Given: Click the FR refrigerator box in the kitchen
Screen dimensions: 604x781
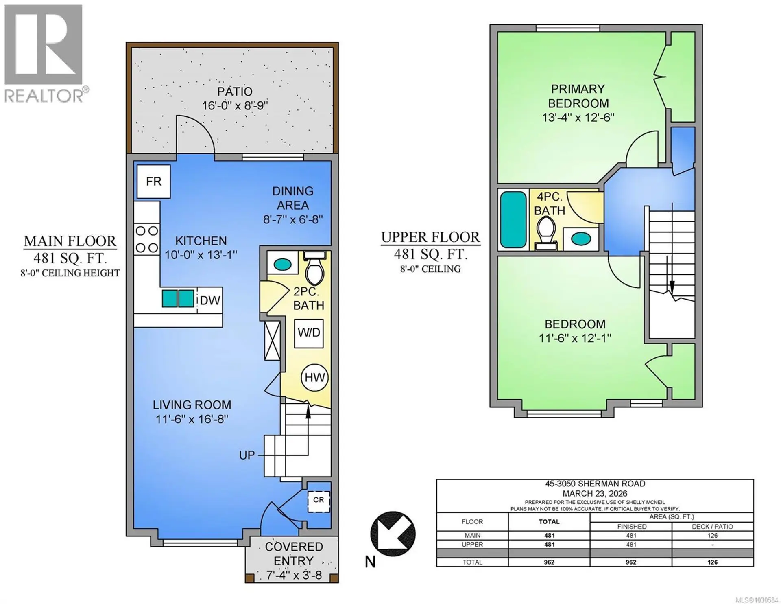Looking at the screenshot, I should [153, 182].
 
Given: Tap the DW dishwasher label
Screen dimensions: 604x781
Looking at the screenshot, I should [210, 300].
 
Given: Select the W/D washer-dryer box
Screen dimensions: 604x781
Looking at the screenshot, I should [309, 333].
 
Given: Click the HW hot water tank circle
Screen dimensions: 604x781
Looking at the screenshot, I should [314, 377].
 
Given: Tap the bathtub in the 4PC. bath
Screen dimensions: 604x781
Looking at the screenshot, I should [513, 220].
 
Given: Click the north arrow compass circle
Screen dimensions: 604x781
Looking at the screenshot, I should [393, 534].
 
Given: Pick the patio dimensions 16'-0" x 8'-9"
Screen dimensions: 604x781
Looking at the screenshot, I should [235, 106].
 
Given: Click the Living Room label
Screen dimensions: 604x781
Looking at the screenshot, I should [192, 405].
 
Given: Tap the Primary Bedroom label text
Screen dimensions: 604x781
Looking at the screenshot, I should [578, 96].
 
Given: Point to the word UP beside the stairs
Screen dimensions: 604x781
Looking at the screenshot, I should [247, 455].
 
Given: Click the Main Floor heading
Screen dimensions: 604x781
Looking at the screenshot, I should [70, 241].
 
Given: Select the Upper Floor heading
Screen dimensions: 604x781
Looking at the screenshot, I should [430, 237].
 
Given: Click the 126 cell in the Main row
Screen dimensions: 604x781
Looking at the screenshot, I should [712, 536].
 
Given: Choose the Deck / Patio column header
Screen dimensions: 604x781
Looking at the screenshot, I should [712, 526].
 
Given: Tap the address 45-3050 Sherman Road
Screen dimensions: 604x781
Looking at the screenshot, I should [594, 484].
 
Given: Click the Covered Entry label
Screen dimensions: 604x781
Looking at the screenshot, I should [293, 554].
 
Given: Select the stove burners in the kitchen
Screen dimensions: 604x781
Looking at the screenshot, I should [147, 239].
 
